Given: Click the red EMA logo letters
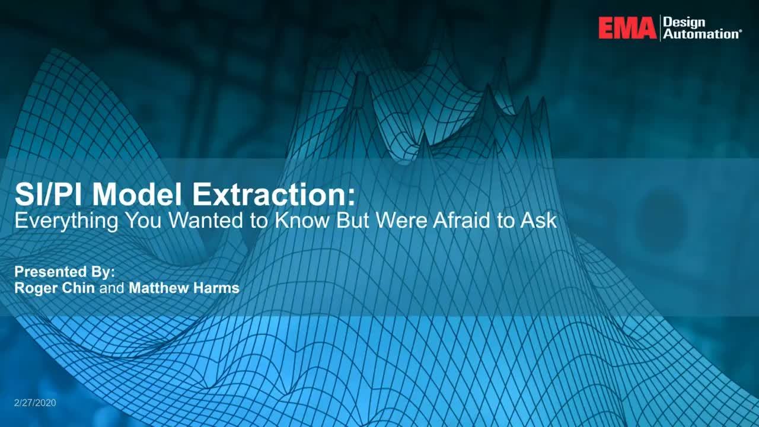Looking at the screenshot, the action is click(627, 28).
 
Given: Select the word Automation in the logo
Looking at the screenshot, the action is click(701, 34).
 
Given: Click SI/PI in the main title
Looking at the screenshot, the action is click(48, 195).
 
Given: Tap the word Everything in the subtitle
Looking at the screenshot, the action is click(66, 221).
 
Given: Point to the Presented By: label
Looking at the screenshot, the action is click(65, 272).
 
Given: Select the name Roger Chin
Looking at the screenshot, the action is click(55, 288).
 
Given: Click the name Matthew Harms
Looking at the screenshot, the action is click(184, 288).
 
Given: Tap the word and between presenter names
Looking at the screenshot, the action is click(112, 288).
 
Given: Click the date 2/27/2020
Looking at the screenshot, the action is click(35, 403).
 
